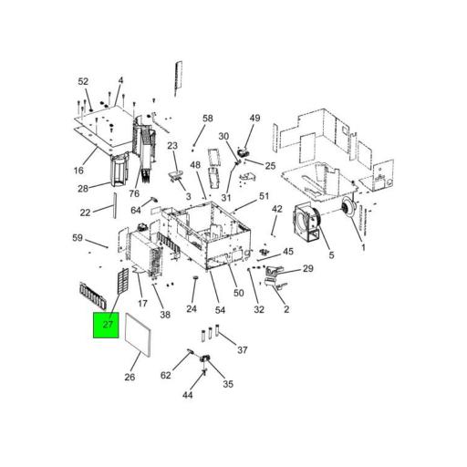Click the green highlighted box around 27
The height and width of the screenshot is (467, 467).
pos(106,325)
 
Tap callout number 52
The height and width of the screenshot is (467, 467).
pos(83,81)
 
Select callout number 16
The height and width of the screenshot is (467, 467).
pos(78,171)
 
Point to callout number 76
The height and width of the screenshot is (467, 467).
pos(134,193)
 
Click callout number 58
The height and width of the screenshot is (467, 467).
pos(208,119)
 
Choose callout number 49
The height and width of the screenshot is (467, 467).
pos(254,118)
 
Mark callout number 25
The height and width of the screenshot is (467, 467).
pos(270,166)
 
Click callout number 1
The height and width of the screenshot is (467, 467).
pos(363,248)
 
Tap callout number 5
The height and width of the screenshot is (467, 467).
pos(331,255)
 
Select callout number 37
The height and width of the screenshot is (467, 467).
pos(243,350)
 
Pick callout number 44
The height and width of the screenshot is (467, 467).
pos(188,395)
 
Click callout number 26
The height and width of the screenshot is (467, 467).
pos(130,377)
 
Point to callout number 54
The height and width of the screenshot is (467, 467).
pos(220,310)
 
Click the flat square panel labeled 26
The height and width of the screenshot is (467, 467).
pos(138,335)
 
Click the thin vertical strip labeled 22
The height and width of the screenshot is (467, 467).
pos(115,205)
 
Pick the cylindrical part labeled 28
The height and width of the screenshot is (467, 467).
pos(120,170)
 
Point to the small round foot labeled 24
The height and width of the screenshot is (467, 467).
pos(195,277)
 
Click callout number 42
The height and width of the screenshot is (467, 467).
pos(277,209)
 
